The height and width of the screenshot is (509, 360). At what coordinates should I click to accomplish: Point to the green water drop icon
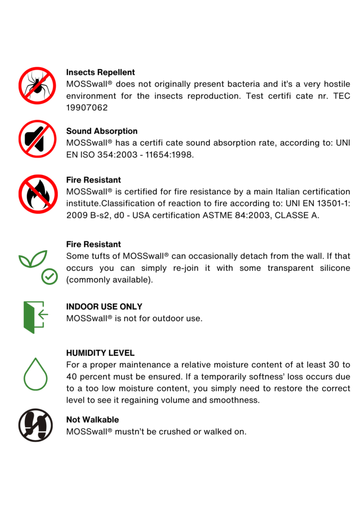[x=36, y=374]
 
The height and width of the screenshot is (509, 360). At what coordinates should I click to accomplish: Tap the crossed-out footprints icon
[x=36, y=425]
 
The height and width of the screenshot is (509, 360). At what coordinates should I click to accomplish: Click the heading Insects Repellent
[x=100, y=73]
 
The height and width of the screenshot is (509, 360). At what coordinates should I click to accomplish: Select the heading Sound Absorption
[x=102, y=131]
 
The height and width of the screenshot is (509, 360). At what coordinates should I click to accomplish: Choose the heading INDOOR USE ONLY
[x=104, y=307]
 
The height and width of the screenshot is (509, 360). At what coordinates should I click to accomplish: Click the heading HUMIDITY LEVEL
[x=100, y=353]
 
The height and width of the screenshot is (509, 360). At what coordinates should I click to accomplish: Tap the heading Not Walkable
[x=92, y=420]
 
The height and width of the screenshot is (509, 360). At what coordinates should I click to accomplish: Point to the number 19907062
[x=87, y=107]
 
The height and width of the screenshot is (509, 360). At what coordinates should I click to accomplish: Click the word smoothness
[x=235, y=400]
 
